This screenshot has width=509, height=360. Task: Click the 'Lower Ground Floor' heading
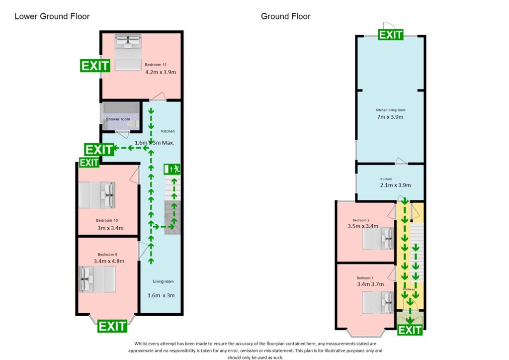(52, 16)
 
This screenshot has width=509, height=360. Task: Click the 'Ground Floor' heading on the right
(285, 16)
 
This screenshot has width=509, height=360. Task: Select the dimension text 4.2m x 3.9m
(161, 72)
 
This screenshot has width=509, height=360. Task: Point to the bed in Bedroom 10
(97, 195)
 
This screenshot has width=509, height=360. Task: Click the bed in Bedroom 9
(97, 279)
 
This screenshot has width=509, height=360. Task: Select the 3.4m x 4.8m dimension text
(109, 261)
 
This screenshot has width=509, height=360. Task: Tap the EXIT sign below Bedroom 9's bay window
(112, 326)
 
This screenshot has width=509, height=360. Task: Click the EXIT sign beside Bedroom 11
(95, 66)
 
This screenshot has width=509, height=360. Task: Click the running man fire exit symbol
(173, 169)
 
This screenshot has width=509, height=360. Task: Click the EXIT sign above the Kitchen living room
(391, 34)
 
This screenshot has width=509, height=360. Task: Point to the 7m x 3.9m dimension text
(390, 117)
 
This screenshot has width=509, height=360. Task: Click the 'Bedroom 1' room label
(364, 278)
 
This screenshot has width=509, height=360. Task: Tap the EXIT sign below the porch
(410, 330)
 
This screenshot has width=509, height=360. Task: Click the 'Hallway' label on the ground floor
(409, 289)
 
